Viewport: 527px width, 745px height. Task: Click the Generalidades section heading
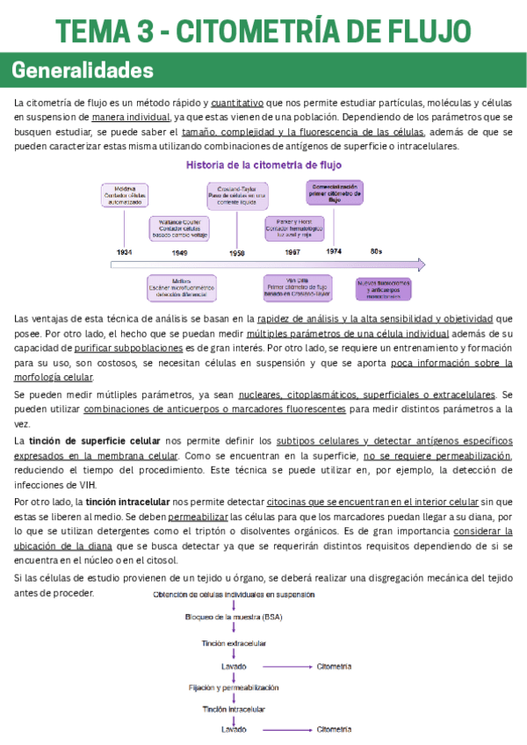(x=83, y=70)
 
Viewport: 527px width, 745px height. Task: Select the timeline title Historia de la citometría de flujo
(x=263, y=165)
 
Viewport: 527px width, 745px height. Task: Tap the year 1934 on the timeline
(x=125, y=252)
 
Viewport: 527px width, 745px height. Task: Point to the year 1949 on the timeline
(x=179, y=252)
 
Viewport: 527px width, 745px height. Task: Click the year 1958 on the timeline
(x=236, y=252)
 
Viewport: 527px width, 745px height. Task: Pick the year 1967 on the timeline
(x=292, y=252)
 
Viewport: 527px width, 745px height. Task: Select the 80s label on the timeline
(x=376, y=252)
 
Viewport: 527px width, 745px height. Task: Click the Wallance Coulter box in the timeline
(x=180, y=228)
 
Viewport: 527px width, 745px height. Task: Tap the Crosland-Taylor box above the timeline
(x=237, y=195)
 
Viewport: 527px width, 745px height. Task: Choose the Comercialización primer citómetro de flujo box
(x=335, y=193)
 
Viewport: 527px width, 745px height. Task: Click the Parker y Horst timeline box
(x=292, y=228)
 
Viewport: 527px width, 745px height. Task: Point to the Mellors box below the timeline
(x=182, y=288)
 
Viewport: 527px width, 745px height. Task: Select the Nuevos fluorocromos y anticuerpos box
(x=383, y=288)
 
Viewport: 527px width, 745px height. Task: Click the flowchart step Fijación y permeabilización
(x=235, y=687)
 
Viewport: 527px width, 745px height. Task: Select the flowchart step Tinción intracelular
(x=235, y=709)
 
